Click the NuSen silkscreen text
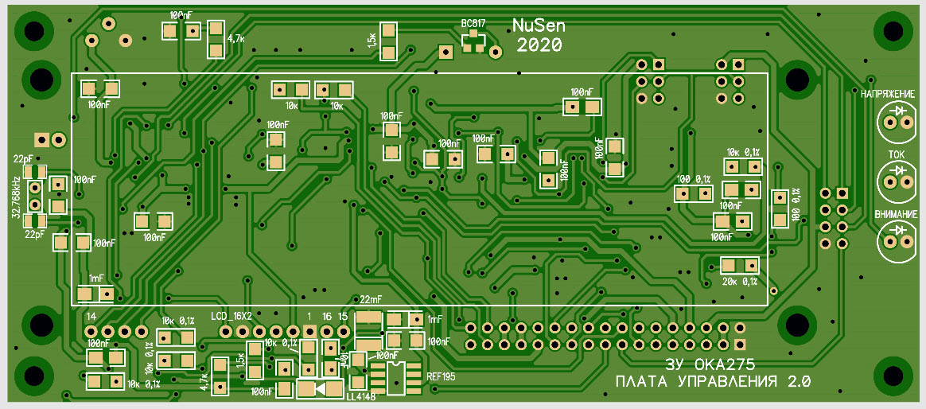click(x=539, y=26)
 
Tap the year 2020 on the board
click(x=539, y=45)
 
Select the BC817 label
click(x=473, y=24)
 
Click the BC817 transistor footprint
click(x=473, y=42)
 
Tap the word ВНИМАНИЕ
click(x=895, y=214)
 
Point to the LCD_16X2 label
click(x=231, y=316)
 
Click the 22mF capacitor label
click(x=370, y=300)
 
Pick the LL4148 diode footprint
click(x=320, y=389)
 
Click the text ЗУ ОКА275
click(x=710, y=364)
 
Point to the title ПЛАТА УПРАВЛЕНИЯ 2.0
click(x=712, y=383)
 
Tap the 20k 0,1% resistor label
click(x=739, y=282)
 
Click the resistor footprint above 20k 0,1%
click(x=739, y=266)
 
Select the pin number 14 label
click(x=91, y=317)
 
